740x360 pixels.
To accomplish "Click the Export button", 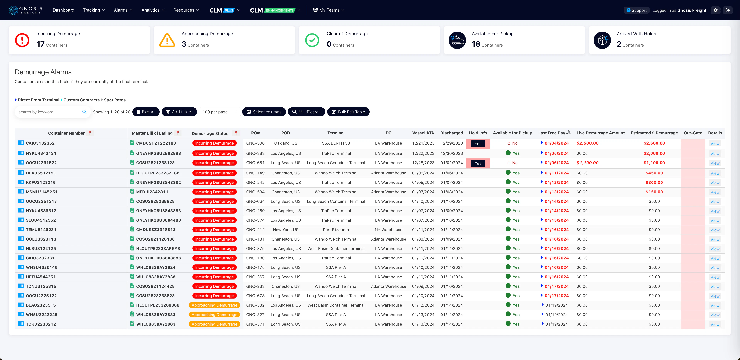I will [x=146, y=112].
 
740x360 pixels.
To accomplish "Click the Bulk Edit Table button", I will [x=348, y=112].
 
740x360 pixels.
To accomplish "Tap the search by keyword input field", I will [x=49, y=112].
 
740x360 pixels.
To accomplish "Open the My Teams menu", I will [x=328, y=10].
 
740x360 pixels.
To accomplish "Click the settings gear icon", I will [x=715, y=10].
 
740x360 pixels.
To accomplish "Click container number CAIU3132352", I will [x=40, y=143].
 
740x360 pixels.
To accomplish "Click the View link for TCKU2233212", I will [x=715, y=324].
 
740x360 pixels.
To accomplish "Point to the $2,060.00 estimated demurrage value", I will [x=654, y=153].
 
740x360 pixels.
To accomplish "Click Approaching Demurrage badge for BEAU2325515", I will [x=214, y=305].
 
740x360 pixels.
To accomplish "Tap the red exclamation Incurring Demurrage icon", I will [x=22, y=40].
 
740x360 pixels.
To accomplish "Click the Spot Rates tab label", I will [x=115, y=100].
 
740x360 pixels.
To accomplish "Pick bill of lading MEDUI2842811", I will [x=152, y=192].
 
